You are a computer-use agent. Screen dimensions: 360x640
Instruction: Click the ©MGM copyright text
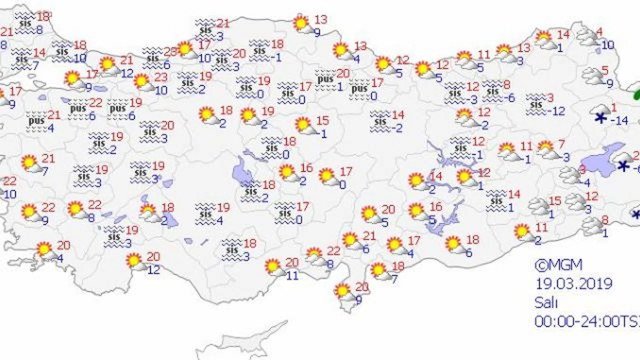coord(558,265)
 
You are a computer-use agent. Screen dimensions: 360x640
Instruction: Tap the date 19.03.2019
coord(573,284)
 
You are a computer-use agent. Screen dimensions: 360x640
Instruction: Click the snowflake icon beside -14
coord(600,118)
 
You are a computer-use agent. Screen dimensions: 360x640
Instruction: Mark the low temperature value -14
coord(620,120)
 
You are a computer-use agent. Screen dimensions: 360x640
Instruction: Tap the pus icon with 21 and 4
coord(37,121)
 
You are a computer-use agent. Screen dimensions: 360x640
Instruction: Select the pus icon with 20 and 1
coord(325,79)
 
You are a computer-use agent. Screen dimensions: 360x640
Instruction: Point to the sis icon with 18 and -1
coord(260,50)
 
